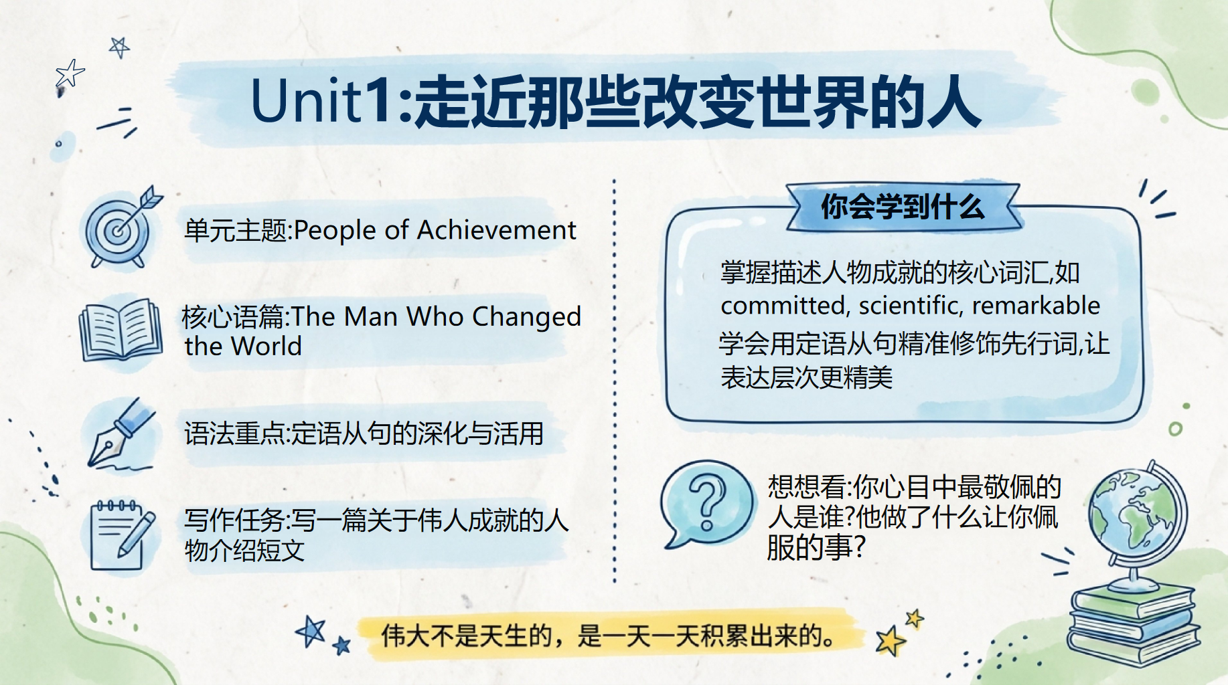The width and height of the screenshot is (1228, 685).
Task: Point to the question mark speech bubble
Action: pyautogui.click(x=706, y=503)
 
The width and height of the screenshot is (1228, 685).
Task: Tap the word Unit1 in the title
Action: pyautogui.click(x=321, y=102)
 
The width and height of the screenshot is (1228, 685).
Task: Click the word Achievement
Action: pyautogui.click(x=496, y=230)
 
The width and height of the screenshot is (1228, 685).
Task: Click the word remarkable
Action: pyautogui.click(x=1036, y=305)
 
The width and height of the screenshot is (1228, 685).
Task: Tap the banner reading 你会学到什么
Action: pyautogui.click(x=903, y=207)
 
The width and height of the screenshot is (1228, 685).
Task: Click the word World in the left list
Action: pyautogui.click(x=266, y=347)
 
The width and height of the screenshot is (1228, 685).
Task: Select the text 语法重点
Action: pyautogui.click(x=234, y=433)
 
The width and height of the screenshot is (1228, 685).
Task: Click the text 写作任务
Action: pyautogui.click(x=234, y=520)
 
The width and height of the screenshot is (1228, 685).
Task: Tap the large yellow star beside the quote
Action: pyautogui.click(x=891, y=641)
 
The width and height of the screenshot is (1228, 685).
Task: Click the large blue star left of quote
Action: pyautogui.click(x=311, y=631)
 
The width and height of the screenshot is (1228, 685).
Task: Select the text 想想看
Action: pyautogui.click(x=807, y=487)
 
